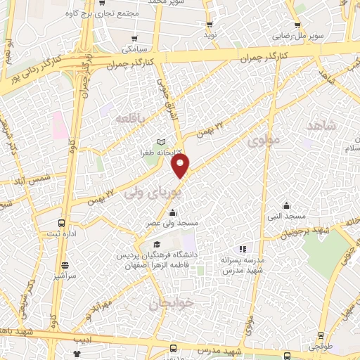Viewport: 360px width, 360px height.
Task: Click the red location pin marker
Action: click(181, 166)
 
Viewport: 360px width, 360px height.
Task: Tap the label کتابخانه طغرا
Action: click(162, 152)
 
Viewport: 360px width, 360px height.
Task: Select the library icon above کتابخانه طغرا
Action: click(162, 141)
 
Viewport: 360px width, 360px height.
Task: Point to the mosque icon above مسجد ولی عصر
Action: click(173, 213)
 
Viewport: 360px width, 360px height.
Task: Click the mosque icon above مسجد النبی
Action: click(286, 206)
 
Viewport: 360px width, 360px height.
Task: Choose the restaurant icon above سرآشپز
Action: click(65, 266)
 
